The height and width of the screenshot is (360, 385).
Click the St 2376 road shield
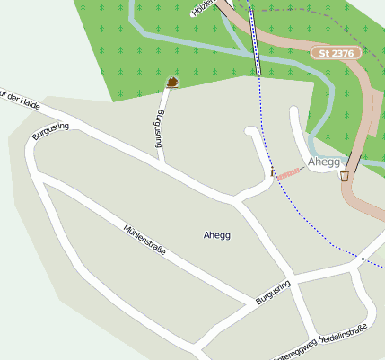pos(337,54)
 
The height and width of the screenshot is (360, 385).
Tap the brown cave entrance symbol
pos(171,82)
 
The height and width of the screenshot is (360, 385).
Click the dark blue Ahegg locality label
pos(217,235)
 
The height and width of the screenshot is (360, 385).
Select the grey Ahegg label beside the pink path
pos(324,162)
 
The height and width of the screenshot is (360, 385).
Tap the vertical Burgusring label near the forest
pos(160,129)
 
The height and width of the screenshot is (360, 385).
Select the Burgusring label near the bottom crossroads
pos(274,293)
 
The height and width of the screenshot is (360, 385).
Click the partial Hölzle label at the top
pos(205,9)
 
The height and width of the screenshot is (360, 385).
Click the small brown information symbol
pos(271,169)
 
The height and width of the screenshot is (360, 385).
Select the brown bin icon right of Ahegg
pos(345,176)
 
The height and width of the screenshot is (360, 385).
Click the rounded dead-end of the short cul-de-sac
pos(251,134)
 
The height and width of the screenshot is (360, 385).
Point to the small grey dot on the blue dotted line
pos(363,259)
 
